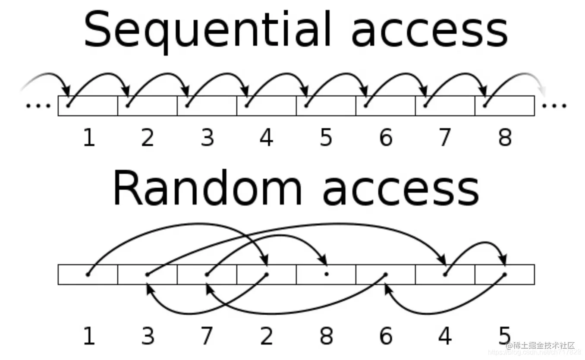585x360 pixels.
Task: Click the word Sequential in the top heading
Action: [x=207, y=30]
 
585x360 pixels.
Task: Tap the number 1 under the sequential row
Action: [x=88, y=138]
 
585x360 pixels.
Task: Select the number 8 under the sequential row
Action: [x=504, y=138]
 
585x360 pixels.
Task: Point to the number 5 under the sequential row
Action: [x=326, y=138]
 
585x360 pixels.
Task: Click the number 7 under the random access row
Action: [x=207, y=336]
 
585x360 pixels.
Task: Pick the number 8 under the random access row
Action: [x=326, y=336]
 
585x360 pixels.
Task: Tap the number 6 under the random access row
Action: [x=386, y=336]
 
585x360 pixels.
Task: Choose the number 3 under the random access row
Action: [x=148, y=336]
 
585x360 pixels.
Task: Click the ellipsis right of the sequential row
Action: [x=554, y=106]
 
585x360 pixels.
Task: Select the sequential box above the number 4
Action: [x=267, y=106]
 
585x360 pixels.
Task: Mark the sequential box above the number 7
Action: [x=445, y=106]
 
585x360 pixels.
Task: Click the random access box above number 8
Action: [x=326, y=275]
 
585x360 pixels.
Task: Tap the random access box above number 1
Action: [x=88, y=275]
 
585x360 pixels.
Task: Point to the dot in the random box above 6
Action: [x=386, y=274]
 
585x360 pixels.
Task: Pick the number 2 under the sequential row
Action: [x=148, y=138]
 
